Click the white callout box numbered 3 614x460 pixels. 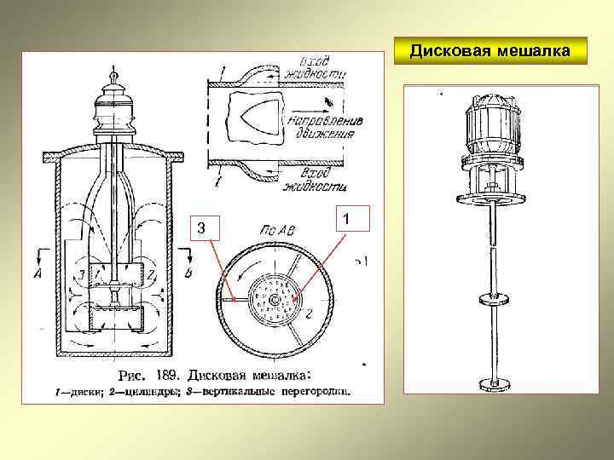(202, 227)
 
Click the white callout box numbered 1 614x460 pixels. (347, 221)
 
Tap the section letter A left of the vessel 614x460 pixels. (38, 273)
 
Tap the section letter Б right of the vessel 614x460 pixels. (187, 273)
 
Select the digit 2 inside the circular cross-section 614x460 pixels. (309, 314)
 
